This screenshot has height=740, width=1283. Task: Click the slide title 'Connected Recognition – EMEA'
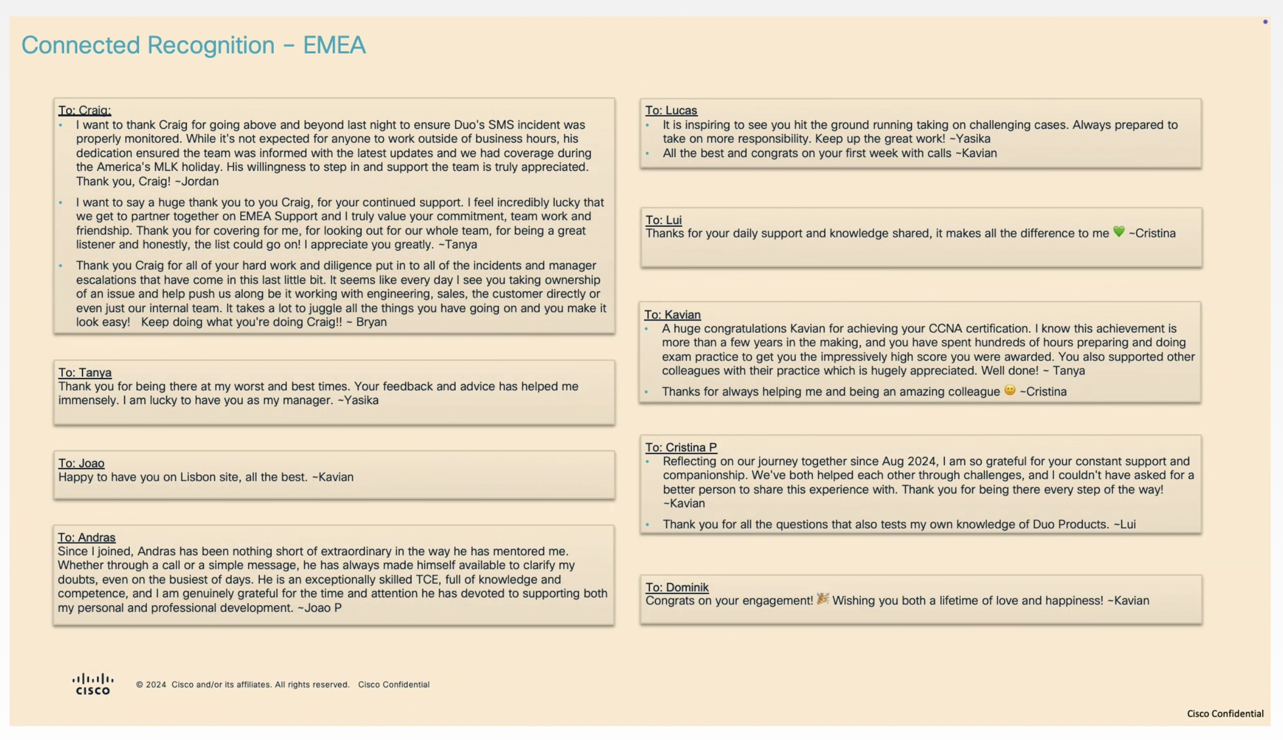pyautogui.click(x=193, y=45)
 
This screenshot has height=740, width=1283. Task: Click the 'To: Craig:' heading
pyautogui.click(x=85, y=110)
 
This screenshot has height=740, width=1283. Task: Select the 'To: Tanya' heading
pyautogui.click(x=85, y=372)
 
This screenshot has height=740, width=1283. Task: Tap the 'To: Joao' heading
pyautogui.click(x=81, y=463)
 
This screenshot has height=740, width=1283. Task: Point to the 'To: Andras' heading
pyautogui.click(x=86, y=537)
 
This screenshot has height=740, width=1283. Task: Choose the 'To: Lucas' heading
pyautogui.click(x=671, y=110)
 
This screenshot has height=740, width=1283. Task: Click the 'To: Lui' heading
pyautogui.click(x=663, y=220)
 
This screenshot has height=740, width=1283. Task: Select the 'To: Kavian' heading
pyautogui.click(x=672, y=315)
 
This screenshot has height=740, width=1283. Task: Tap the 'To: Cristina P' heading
pyautogui.click(x=681, y=447)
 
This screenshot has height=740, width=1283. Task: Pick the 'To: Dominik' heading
pyautogui.click(x=677, y=587)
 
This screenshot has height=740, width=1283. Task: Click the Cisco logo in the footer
pyautogui.click(x=93, y=684)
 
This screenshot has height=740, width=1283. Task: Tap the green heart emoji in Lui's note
pyautogui.click(x=1118, y=232)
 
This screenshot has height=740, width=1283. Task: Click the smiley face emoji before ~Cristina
pyautogui.click(x=1009, y=390)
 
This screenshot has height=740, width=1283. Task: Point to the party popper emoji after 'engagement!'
pyautogui.click(x=823, y=599)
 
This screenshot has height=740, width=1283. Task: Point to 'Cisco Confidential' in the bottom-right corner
pyautogui.click(x=1225, y=713)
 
